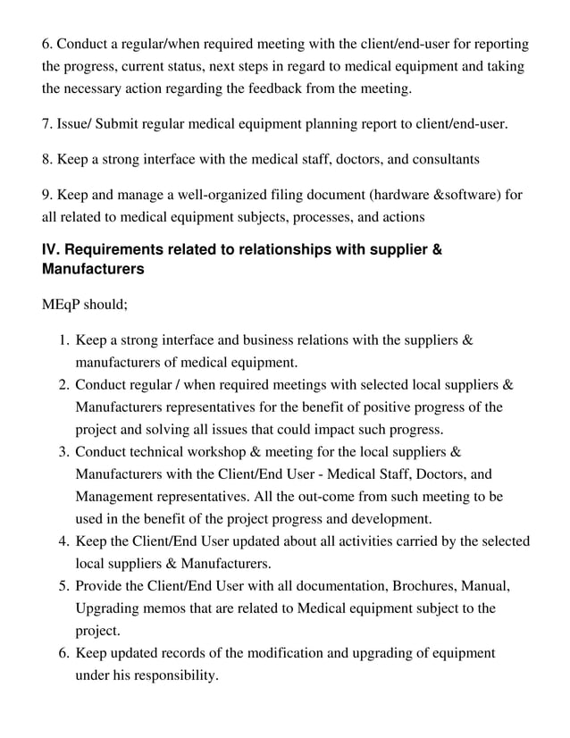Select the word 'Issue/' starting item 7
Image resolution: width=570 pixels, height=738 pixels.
click(79, 124)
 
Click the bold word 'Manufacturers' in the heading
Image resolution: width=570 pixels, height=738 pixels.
click(93, 268)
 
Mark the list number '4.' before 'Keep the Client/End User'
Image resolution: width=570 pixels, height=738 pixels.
click(64, 541)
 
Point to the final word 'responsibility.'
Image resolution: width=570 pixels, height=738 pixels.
click(167, 675)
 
